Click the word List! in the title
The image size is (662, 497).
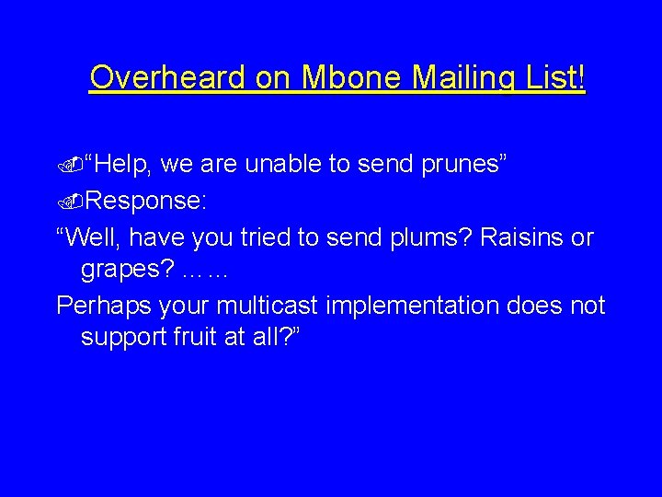(554, 78)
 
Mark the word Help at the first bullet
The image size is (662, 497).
(126, 165)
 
